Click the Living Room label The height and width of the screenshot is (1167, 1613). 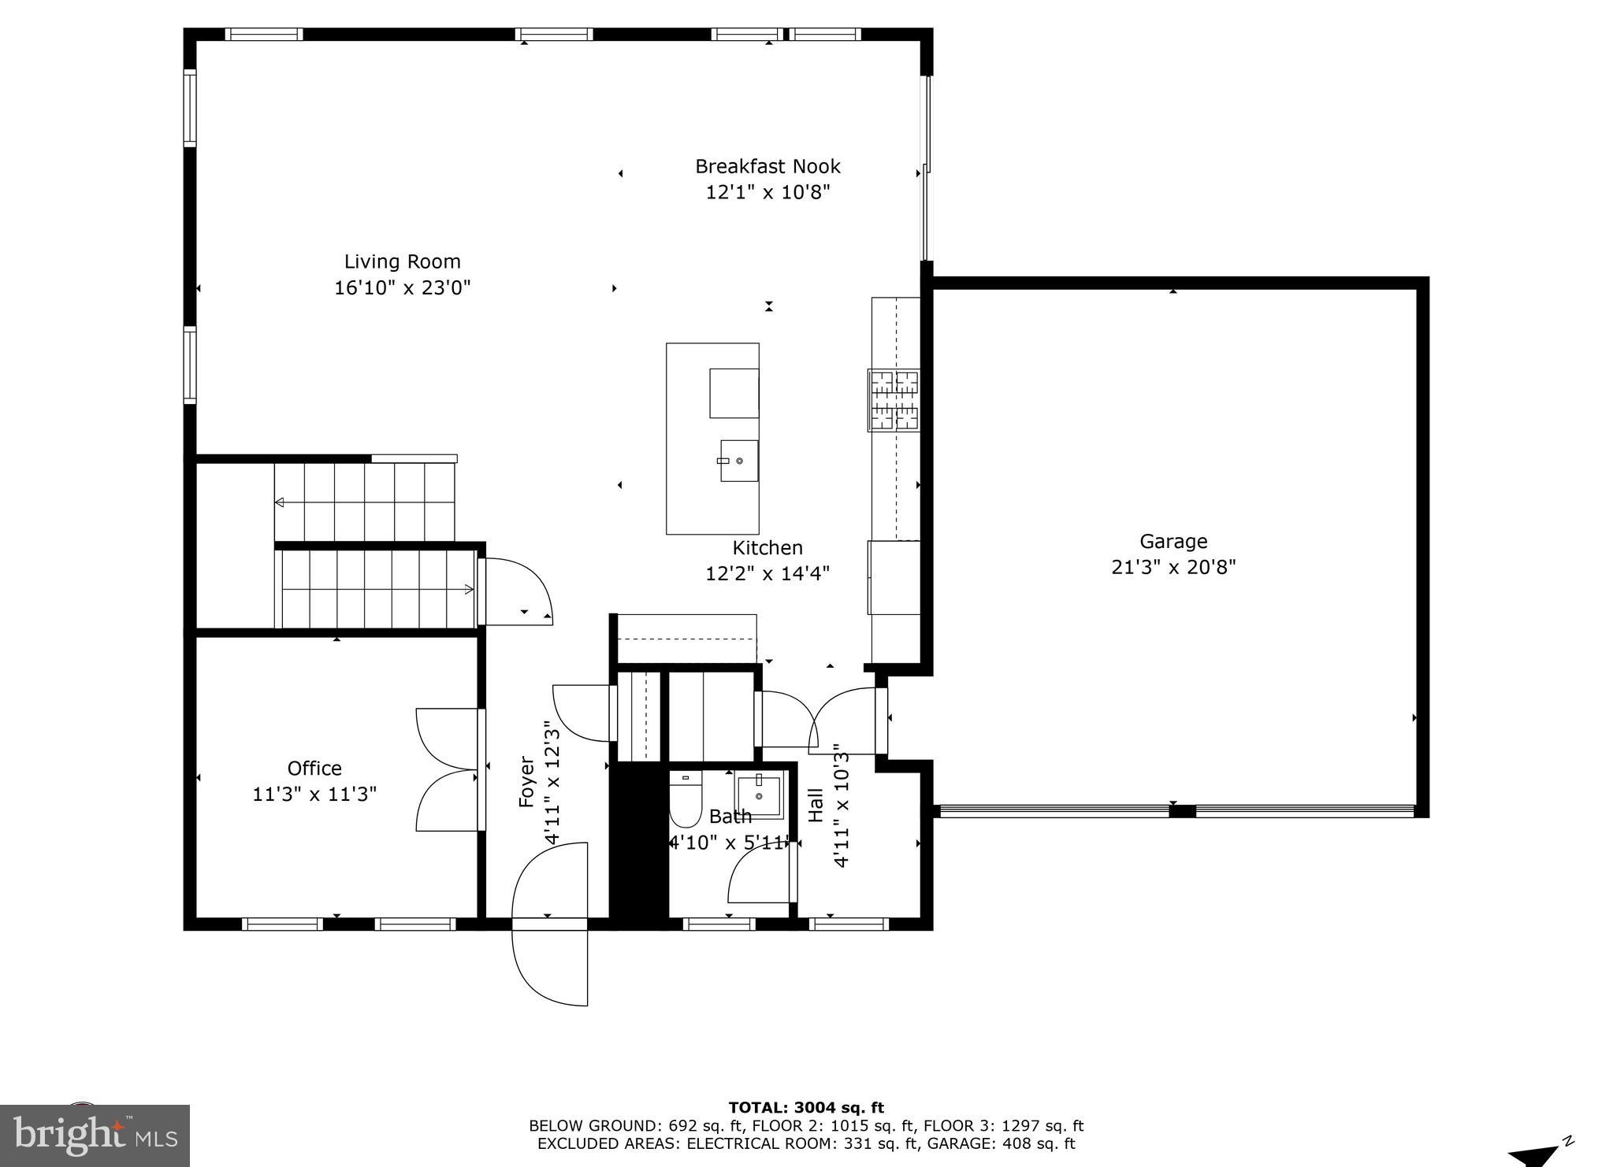coord(402,261)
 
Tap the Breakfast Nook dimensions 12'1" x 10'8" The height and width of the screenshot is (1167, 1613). coord(767,192)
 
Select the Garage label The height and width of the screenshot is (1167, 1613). coord(1173,541)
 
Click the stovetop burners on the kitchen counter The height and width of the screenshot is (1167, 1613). coord(894,400)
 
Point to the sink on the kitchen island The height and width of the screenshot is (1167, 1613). coord(739,461)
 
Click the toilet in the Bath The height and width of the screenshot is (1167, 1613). coord(685,799)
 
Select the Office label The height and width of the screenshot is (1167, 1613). coord(314,768)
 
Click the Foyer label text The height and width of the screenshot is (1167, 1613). coord(526,782)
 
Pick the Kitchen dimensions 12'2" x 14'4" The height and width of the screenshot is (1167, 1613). coord(767,574)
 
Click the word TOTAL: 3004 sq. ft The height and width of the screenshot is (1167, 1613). coord(806,1108)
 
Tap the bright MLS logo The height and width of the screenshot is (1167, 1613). coord(95,1135)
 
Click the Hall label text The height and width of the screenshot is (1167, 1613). coord(816,805)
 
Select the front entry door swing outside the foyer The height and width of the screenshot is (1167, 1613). coord(549,965)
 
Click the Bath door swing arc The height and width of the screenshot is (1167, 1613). coord(756,874)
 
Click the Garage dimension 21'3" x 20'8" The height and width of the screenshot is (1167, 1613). coord(1173,567)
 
